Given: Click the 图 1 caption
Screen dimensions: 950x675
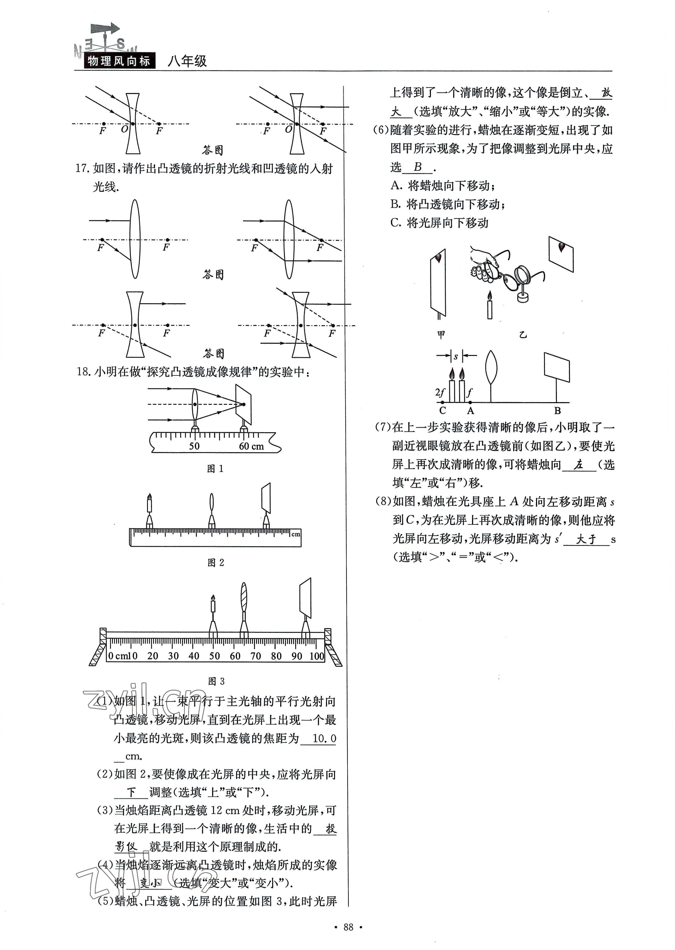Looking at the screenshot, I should coord(215,469).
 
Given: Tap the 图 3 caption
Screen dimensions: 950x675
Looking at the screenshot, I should coord(216,681).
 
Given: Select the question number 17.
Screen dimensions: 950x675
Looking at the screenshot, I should coord(82,168).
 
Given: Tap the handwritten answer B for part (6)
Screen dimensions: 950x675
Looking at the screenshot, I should coord(417,167).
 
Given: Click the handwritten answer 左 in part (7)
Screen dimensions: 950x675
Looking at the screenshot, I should coord(579,465).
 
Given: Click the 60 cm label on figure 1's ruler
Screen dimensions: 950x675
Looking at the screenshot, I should coord(251,446).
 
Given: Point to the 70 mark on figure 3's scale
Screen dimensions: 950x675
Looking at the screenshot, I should coord(255,656).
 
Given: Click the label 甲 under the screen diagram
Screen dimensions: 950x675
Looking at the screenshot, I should coord(441,335).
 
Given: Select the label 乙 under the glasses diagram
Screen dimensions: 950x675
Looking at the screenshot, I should coord(523,335).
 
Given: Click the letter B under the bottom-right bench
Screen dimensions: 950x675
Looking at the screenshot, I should coord(557,411).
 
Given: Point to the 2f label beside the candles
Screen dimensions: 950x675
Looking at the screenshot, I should coord(440,392).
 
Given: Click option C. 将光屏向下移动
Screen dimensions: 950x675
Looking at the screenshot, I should coord(439,223).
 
